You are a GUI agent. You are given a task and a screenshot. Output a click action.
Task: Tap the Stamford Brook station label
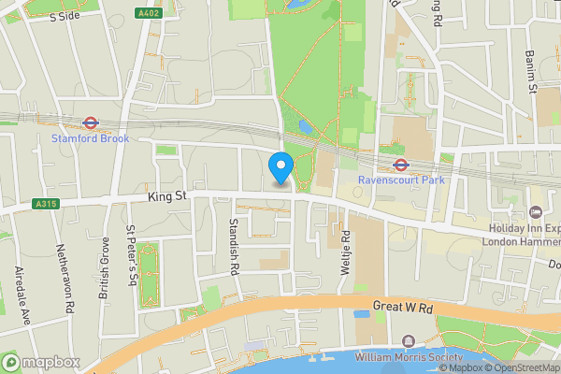(x=90, y=138)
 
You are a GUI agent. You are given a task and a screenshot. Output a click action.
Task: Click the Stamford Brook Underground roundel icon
(x=91, y=122)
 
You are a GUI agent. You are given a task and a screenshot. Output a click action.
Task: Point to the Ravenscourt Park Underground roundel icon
(x=399, y=164)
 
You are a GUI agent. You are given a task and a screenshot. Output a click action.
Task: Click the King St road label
(x=168, y=197)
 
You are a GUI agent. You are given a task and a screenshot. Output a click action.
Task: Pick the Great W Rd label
(x=404, y=306)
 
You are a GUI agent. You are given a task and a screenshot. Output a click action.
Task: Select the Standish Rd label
(x=234, y=246)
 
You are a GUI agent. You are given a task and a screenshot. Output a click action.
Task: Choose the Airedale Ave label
(x=24, y=295)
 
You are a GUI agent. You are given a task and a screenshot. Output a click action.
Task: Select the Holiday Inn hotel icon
(x=535, y=214)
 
